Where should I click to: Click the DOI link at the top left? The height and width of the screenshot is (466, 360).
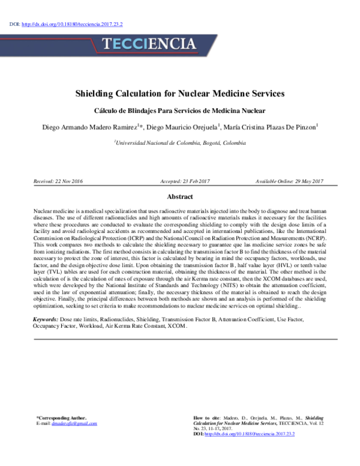(72, 24)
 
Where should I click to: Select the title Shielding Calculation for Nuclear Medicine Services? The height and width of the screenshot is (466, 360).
(179, 94)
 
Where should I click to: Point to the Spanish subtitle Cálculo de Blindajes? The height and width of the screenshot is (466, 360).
(179, 111)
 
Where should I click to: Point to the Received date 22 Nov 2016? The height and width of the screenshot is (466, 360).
(59, 181)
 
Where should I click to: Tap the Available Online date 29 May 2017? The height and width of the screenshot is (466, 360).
(289, 181)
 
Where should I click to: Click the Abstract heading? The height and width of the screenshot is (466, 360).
(179, 197)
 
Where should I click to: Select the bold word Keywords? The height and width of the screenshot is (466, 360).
(45, 319)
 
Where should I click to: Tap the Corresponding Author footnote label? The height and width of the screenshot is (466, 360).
(61, 418)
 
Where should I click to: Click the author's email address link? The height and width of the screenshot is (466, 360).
(74, 423)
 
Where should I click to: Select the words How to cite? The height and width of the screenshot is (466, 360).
(208, 418)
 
